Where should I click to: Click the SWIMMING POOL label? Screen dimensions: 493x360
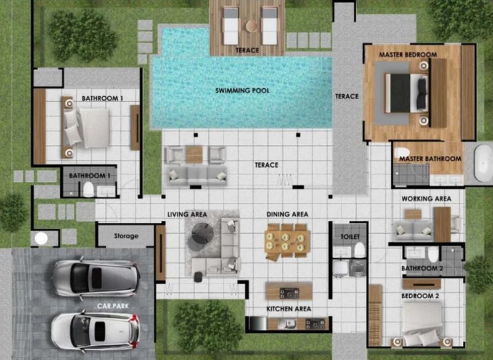(x=242, y=91)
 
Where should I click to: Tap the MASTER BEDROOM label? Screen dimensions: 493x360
(x=408, y=55)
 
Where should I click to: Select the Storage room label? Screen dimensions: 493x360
(x=126, y=236)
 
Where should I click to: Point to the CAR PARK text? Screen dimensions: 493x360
(x=113, y=306)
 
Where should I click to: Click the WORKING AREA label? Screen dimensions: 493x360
(x=426, y=198)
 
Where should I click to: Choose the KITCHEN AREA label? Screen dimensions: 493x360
(x=288, y=309)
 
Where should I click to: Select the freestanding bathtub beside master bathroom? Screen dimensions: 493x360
(x=483, y=163)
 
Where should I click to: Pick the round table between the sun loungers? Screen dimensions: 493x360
(x=251, y=26)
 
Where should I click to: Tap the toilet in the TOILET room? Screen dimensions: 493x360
(x=359, y=250)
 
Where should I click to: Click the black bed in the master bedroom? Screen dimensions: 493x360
(x=406, y=93)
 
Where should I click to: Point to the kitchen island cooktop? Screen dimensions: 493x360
(x=289, y=293)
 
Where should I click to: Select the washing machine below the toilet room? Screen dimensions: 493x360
(x=357, y=269)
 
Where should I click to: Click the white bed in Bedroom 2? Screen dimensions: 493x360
(x=422, y=323)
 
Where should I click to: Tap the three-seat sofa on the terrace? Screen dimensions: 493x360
(x=196, y=176)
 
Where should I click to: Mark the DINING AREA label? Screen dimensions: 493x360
(x=287, y=215)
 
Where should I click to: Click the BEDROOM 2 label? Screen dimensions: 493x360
(x=420, y=296)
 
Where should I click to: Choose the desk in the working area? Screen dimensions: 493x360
(x=442, y=224)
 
